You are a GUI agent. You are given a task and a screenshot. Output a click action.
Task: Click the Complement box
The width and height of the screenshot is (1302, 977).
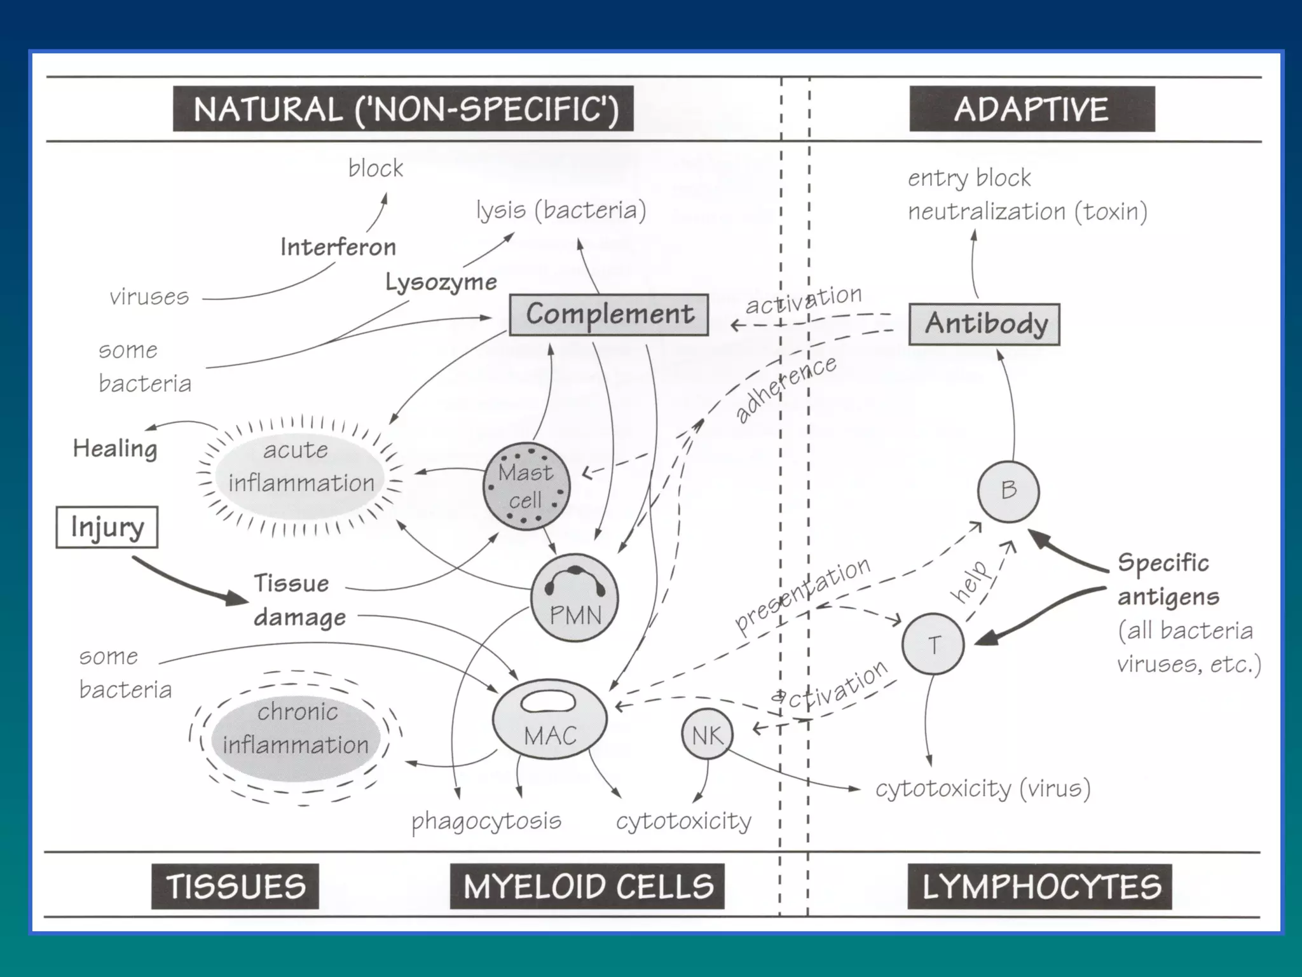pyautogui.click(x=609, y=314)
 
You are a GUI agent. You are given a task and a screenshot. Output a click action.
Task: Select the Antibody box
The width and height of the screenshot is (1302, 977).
pyautogui.click(x=984, y=324)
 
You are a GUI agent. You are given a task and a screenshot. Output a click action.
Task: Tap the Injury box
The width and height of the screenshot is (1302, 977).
pyautogui.click(x=107, y=527)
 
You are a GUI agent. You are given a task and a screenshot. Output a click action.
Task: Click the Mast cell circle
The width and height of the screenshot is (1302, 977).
pyautogui.click(x=526, y=487)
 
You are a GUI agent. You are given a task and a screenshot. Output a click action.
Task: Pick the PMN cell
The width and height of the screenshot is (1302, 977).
pyautogui.click(x=574, y=598)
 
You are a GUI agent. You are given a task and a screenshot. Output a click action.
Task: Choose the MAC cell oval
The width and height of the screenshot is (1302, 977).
pyautogui.click(x=550, y=719)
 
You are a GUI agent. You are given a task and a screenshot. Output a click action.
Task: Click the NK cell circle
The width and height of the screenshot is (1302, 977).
pyautogui.click(x=707, y=735)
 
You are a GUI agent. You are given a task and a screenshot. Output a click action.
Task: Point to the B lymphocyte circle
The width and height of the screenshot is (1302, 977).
pyautogui.click(x=1008, y=490)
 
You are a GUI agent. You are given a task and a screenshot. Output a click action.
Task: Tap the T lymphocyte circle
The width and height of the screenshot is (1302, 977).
pyautogui.click(x=933, y=644)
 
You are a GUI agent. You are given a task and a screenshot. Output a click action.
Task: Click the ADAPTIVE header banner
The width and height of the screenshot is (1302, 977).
pyautogui.click(x=1031, y=109)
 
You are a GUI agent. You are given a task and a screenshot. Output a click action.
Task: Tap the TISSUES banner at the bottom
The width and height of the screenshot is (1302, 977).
pyautogui.click(x=235, y=886)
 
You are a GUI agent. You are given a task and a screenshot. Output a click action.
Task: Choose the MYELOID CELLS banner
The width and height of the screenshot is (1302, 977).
pyautogui.click(x=587, y=886)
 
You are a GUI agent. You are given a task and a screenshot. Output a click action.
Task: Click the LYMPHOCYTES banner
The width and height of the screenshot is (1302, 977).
pyautogui.click(x=1040, y=886)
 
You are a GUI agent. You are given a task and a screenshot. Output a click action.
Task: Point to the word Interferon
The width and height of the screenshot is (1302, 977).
pyautogui.click(x=338, y=247)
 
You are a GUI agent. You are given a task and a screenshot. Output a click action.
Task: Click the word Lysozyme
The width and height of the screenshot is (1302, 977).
pyautogui.click(x=441, y=282)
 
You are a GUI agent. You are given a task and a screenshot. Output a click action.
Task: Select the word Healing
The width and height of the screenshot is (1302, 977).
pyautogui.click(x=115, y=448)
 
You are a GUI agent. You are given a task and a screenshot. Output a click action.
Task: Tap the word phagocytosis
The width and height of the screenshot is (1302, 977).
pyautogui.click(x=486, y=821)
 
